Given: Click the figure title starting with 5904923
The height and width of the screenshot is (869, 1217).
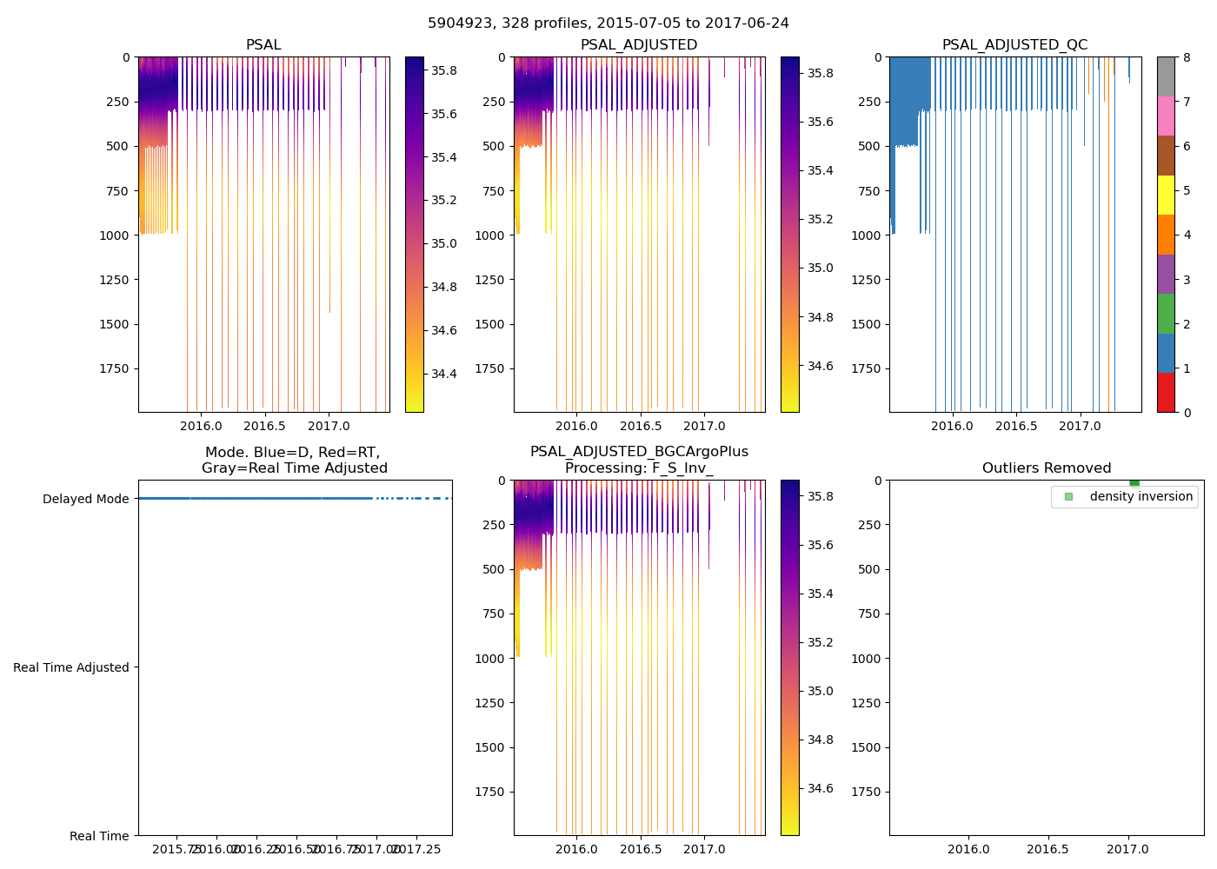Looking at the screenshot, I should (x=608, y=23).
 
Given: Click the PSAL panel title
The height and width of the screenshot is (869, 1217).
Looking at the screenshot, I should (x=263, y=45).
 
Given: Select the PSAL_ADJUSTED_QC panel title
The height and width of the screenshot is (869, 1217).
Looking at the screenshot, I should (x=1014, y=45).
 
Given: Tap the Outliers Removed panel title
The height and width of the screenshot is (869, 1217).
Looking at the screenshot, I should (x=1046, y=468).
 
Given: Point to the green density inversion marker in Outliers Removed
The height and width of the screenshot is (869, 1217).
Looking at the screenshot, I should (x=1134, y=483).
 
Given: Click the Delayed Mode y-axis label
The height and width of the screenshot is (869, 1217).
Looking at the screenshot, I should (x=85, y=499).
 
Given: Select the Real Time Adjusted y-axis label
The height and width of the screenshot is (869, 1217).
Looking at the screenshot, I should (x=71, y=667).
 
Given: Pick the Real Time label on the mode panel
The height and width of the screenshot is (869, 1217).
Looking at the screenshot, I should (x=99, y=836).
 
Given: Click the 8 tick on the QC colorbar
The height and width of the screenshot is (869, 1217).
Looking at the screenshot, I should (x=1187, y=57).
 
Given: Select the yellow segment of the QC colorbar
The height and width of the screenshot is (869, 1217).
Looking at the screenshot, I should (x=1166, y=195).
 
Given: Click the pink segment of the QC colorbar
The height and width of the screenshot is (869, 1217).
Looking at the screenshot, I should (x=1166, y=116).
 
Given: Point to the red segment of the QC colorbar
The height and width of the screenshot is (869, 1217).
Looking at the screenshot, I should (x=1166, y=392).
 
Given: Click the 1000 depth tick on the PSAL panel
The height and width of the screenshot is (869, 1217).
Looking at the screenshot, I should (x=114, y=235).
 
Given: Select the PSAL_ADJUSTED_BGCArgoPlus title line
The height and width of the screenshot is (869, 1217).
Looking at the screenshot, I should (x=639, y=452).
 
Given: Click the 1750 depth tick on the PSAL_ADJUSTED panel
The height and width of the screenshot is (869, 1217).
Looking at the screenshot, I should (x=489, y=368).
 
